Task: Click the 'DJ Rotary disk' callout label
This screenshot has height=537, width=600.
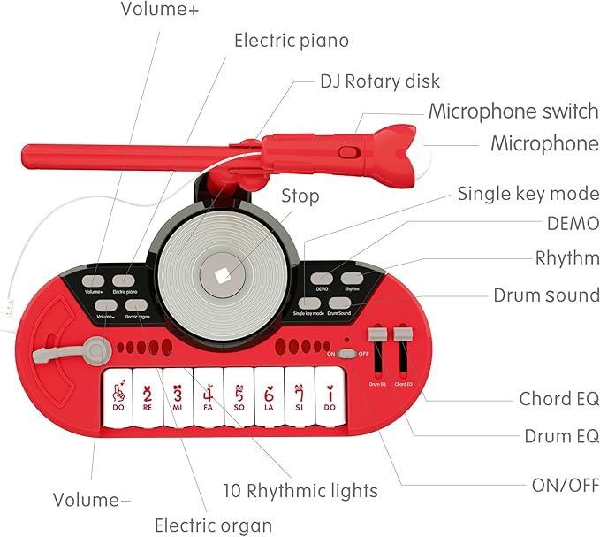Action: point(379,81)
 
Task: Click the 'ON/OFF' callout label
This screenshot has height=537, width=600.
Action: point(563,485)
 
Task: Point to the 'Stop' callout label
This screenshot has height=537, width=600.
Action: point(300,196)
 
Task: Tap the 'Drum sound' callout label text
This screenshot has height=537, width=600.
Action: point(545,295)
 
